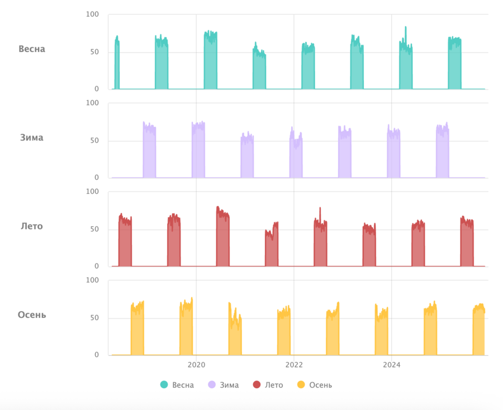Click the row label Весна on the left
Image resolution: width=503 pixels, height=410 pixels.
point(31,49)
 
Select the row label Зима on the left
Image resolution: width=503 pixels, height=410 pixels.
point(31,137)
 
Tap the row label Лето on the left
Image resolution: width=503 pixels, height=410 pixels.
point(31,226)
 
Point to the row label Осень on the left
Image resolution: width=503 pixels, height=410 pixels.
point(31,314)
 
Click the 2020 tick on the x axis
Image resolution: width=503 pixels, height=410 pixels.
point(196,365)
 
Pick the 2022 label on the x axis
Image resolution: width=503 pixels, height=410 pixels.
point(294,365)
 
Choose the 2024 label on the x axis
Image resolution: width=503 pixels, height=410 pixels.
point(392,365)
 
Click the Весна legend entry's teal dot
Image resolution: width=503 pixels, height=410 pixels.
point(164,384)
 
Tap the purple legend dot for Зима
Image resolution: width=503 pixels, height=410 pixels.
point(212,384)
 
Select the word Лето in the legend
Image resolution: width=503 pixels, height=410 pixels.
point(274,385)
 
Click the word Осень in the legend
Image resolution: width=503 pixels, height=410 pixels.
point(320,385)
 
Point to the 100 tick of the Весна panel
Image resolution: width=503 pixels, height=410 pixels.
point(92,15)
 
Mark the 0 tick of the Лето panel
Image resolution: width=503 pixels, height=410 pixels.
point(97,266)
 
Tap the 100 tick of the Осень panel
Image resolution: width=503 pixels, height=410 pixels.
point(92,280)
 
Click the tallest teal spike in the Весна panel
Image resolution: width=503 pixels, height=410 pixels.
point(406,28)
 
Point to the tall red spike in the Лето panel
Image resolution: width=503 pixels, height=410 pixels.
point(320,209)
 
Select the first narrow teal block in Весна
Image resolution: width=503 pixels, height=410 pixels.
point(117,64)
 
